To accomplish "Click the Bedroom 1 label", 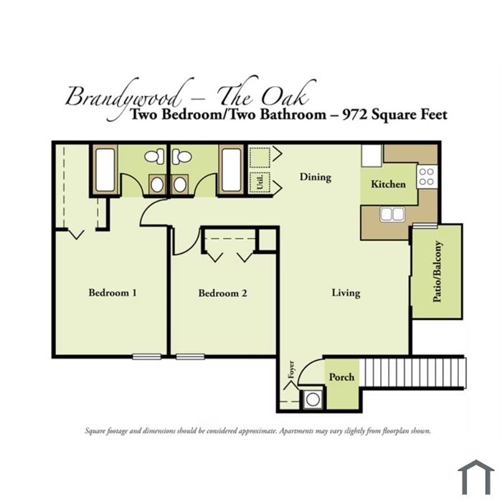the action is click(x=113, y=293).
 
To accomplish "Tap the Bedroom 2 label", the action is click(x=223, y=293).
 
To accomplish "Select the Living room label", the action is click(x=346, y=293).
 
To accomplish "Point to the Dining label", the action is click(x=316, y=177).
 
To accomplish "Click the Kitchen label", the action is click(x=389, y=184).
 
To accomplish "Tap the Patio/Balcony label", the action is click(x=437, y=272).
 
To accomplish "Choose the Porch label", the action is click(x=341, y=376).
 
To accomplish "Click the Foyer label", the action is click(x=291, y=369).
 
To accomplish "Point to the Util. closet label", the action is click(x=260, y=182).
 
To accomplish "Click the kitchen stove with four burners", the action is click(x=427, y=176).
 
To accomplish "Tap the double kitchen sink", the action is click(x=392, y=214).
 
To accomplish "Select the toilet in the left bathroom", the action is click(x=154, y=157).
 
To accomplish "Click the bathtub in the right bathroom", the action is click(x=231, y=170).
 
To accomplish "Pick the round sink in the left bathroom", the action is click(x=157, y=185).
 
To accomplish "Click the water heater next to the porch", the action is click(x=313, y=399).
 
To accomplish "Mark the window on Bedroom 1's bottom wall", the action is click(x=146, y=356).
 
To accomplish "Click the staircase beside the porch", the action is click(x=412, y=373).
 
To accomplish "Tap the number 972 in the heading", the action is click(x=354, y=114).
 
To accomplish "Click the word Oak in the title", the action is click(x=284, y=96).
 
